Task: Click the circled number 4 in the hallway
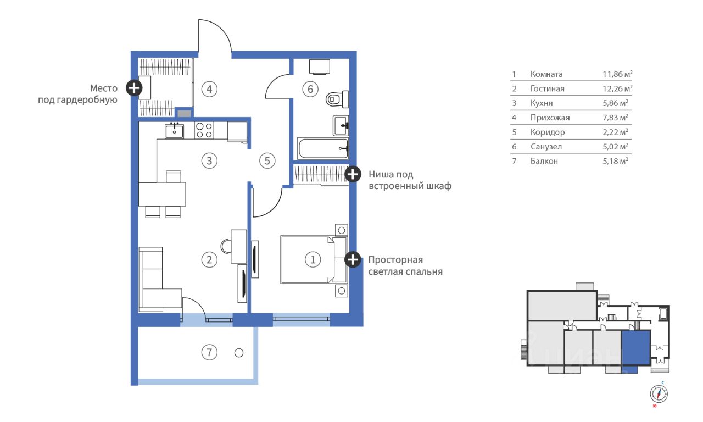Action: [209, 88]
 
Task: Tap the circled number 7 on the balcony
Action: [209, 353]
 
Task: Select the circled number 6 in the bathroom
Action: [310, 88]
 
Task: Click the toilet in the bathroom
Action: [337, 99]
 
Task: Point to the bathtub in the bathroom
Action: [323, 148]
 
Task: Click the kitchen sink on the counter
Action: [175, 131]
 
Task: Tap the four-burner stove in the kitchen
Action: [204, 130]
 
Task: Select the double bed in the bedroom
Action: [308, 259]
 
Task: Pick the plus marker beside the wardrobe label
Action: [134, 87]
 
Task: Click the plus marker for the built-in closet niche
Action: [353, 174]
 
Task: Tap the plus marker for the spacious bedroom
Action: [353, 260]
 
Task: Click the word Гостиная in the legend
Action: [547, 88]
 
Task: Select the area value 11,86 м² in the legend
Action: [617, 74]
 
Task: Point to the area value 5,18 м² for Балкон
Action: [615, 162]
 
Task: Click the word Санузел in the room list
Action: [546, 147]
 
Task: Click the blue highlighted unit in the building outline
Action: [635, 349]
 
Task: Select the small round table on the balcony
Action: [238, 353]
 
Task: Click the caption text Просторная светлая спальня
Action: [405, 265]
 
